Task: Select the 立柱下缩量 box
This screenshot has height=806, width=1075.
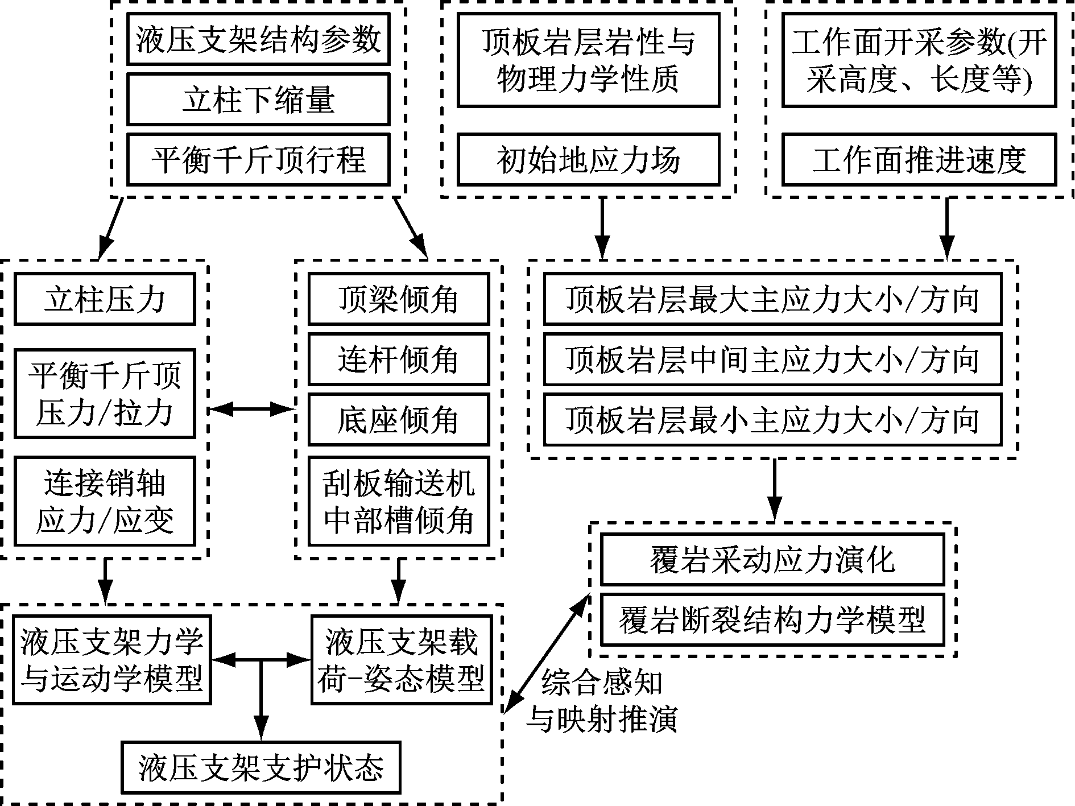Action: tap(258, 100)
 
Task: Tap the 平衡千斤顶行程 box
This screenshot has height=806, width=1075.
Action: tap(258, 160)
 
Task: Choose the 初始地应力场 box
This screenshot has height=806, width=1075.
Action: tap(588, 160)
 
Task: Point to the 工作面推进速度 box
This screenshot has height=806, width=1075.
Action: tap(919, 160)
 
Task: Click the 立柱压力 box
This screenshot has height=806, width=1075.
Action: tap(105, 299)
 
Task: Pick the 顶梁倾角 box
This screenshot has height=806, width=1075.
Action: tap(398, 299)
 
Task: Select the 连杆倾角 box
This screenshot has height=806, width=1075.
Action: tap(398, 359)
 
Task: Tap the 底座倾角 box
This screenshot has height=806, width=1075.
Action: tap(398, 419)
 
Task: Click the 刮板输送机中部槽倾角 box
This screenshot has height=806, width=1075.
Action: tap(398, 501)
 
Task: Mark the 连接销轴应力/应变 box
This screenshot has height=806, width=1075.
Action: tap(105, 501)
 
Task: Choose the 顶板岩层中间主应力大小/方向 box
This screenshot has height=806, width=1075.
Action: tap(772, 360)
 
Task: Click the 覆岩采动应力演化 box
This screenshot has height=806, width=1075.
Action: tap(772, 560)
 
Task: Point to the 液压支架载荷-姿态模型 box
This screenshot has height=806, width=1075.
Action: tap(402, 660)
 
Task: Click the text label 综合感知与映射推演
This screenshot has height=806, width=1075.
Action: tap(602, 701)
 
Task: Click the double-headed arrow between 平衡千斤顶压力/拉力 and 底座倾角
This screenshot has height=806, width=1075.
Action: tap(251, 408)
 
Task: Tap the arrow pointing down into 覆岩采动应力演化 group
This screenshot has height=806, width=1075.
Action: tap(774, 489)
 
